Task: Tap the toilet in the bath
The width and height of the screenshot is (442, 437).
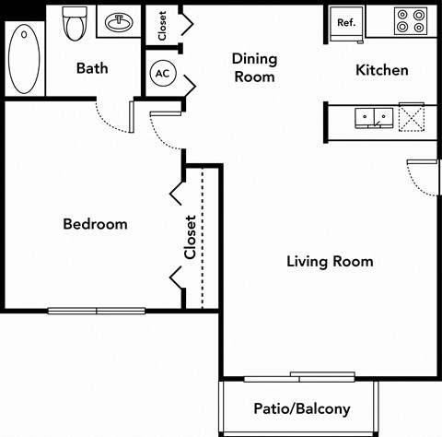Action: [76, 25]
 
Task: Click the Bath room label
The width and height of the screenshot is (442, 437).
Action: [92, 68]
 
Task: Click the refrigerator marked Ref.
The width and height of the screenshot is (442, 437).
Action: [346, 22]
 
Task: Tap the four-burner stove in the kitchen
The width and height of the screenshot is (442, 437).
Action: [408, 22]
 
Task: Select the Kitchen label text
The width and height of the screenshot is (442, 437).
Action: [382, 70]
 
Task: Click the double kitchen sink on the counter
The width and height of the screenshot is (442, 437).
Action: [374, 117]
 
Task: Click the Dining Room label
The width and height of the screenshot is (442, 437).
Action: [254, 68]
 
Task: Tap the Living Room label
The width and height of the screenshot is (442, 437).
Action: [330, 262]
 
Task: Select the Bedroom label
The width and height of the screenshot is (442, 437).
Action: [95, 224]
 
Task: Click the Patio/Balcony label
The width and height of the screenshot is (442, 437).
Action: [301, 408]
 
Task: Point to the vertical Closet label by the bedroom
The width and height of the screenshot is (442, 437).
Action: [190, 237]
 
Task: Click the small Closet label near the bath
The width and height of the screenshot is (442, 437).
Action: [162, 25]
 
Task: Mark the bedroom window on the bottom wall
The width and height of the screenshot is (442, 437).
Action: [98, 311]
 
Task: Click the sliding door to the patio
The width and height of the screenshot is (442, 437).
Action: [298, 376]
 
